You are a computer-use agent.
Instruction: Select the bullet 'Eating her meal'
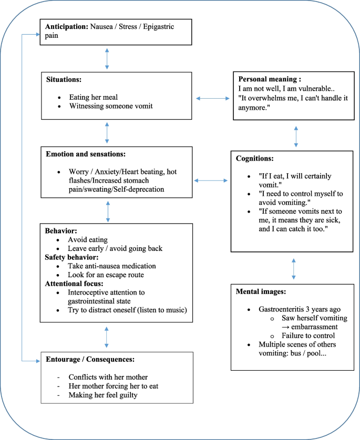pyautogui.click(x=94, y=97)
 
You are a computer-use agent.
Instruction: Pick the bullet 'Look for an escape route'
pyautogui.click(x=106, y=275)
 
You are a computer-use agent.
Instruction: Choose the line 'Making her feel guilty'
pyautogui.click(x=102, y=394)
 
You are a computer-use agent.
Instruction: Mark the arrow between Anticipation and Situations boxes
pyautogui.click(x=107, y=59)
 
